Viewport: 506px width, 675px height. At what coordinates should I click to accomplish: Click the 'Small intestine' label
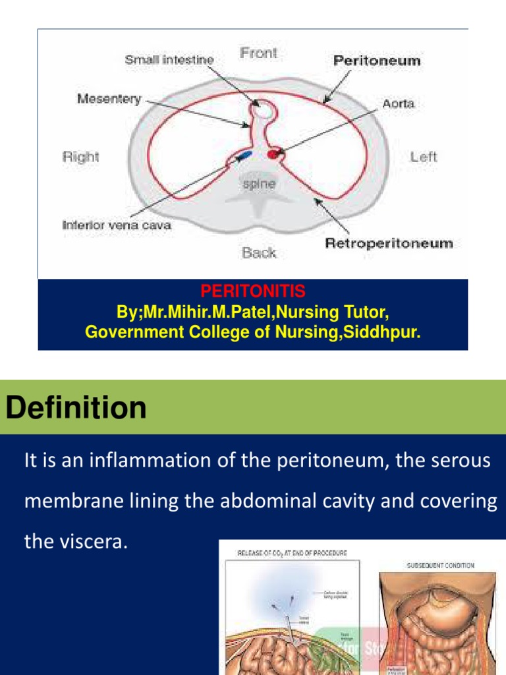point(169,60)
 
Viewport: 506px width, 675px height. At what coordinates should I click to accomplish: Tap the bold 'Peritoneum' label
point(376,61)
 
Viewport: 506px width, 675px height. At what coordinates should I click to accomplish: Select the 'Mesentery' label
point(109,99)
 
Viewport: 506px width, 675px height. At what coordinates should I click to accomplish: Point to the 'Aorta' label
point(398,104)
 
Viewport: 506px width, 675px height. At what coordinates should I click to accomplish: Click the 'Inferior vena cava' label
point(117,225)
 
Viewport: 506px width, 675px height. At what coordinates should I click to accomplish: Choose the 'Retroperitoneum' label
point(389,243)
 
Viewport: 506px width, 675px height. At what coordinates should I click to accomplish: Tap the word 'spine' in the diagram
point(259,185)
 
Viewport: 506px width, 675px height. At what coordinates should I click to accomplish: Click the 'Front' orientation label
point(258,53)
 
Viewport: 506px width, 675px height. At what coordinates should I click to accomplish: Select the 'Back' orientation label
point(258,253)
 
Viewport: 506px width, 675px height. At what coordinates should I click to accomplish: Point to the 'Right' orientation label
point(80,157)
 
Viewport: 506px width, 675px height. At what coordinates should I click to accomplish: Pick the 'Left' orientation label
point(423,157)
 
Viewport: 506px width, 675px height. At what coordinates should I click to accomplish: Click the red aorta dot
point(273,154)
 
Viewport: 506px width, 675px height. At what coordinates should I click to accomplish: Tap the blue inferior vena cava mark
point(242,156)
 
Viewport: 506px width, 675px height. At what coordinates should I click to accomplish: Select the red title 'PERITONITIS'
point(253,291)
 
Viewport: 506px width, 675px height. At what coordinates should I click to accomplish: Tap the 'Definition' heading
point(76,408)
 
